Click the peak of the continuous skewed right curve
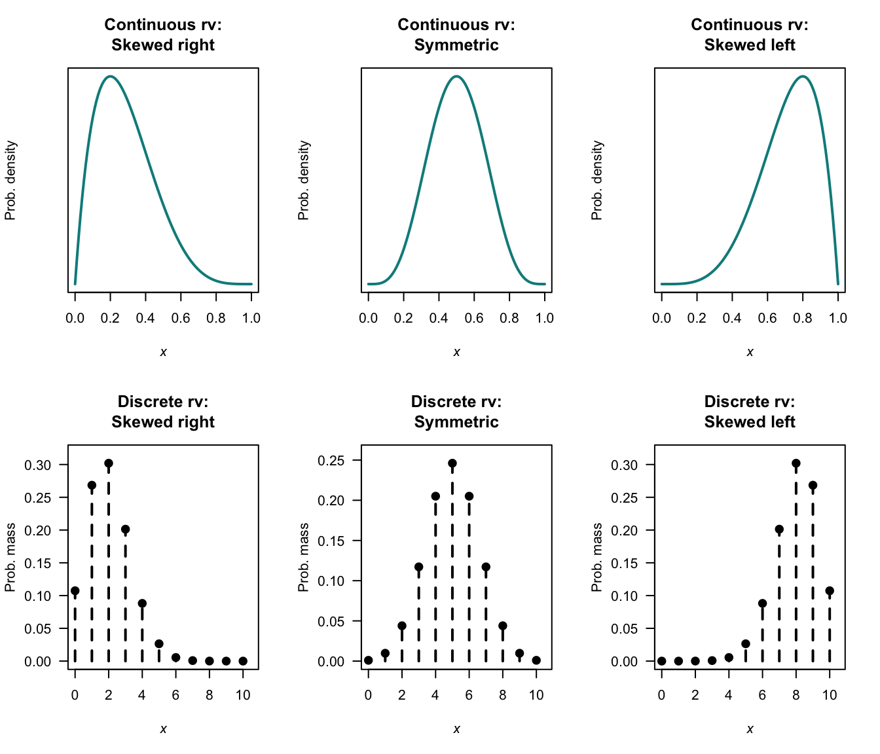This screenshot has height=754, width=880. pos(110,77)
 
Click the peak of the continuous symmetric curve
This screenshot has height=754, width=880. pos(456,77)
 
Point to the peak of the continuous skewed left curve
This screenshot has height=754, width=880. pos(803,77)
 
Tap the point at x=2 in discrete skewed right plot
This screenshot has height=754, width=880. pos(109,463)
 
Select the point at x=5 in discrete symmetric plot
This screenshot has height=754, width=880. pos(452,463)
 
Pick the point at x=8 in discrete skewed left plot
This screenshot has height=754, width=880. pos(796,463)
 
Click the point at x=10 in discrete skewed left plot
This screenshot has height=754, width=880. pos(830,591)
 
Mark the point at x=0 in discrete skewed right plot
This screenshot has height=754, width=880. pos(75,591)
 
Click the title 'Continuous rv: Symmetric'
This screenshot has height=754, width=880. pos(456,35)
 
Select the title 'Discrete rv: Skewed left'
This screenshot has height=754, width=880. pos(750,412)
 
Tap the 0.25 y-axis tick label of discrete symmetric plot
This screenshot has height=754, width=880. pos(331,461)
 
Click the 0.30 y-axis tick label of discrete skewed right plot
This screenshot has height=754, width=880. pos(37,465)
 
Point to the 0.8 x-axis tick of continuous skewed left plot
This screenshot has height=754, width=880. pos(803,318)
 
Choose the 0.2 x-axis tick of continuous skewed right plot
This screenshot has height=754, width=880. pos(110,318)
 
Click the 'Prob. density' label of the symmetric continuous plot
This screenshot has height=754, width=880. pos(304,180)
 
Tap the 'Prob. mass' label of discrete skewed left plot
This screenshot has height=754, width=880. pos(596,557)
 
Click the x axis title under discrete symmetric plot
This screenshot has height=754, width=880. pos(456,729)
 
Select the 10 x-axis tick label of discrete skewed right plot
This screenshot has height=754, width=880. pos(243,695)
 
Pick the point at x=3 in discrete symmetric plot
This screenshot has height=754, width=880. pos(419,567)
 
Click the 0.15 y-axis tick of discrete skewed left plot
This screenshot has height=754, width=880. pos(624,564)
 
